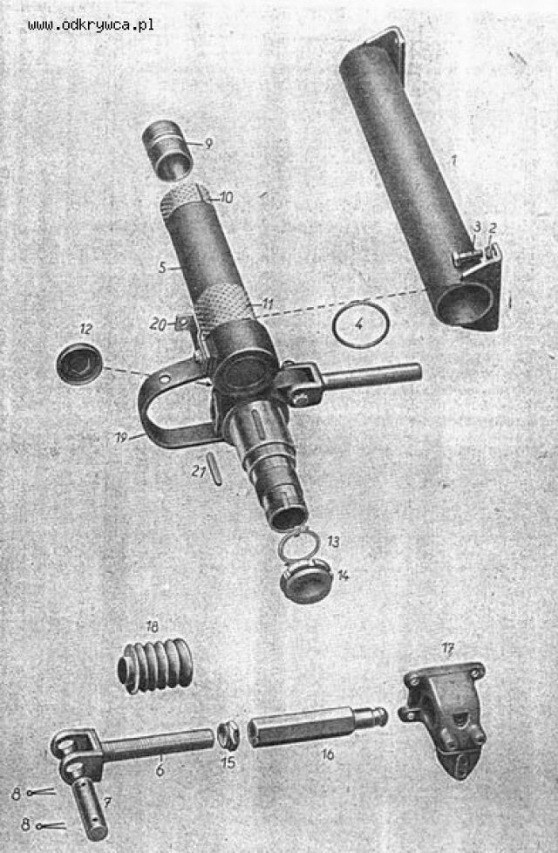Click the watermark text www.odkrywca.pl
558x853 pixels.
91,24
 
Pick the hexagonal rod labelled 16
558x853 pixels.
318,725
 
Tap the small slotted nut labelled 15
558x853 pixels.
228,735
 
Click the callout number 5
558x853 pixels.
162,268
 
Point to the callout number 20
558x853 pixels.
159,324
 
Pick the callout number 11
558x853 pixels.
267,304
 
